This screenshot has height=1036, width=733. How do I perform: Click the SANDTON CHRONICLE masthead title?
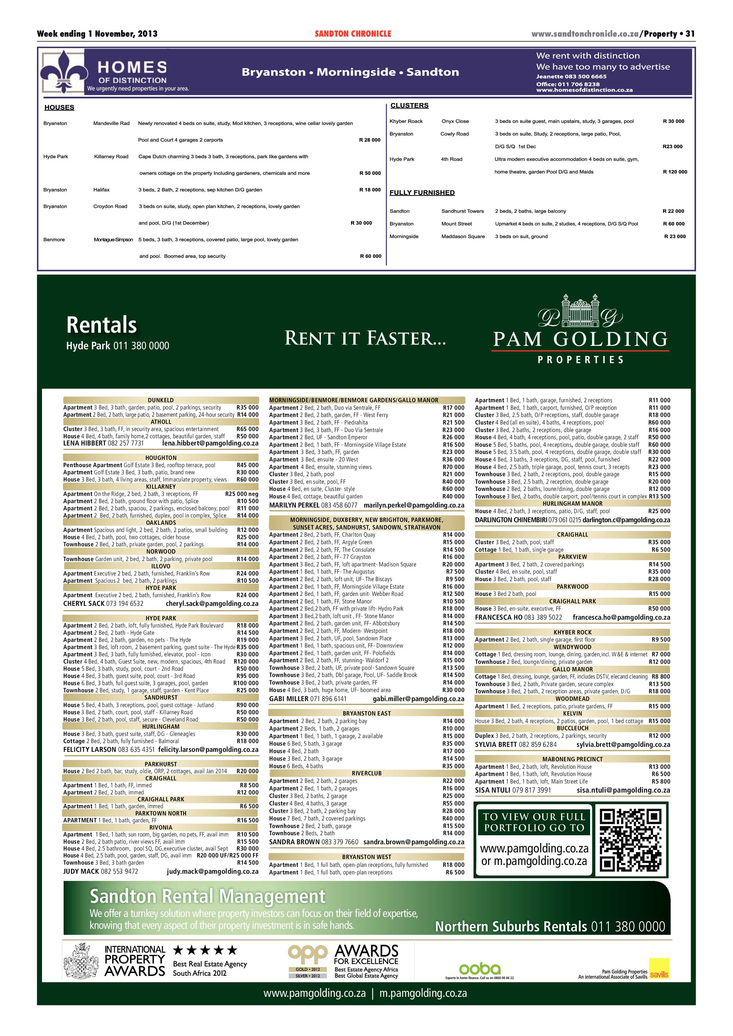[353, 34]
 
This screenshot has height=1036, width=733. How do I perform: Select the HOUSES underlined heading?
[59, 107]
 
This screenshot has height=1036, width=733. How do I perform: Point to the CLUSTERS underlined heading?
[409, 106]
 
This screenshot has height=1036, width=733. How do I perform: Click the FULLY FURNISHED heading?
[422, 193]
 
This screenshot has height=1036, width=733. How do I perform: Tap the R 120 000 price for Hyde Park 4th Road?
[675, 172]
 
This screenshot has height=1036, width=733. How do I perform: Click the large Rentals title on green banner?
[102, 325]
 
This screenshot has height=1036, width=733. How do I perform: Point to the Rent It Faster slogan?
[365, 338]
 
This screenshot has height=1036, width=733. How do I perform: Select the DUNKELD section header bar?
[161, 400]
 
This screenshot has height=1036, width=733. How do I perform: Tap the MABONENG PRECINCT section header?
[572, 759]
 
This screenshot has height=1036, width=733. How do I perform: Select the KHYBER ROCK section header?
[572, 632]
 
